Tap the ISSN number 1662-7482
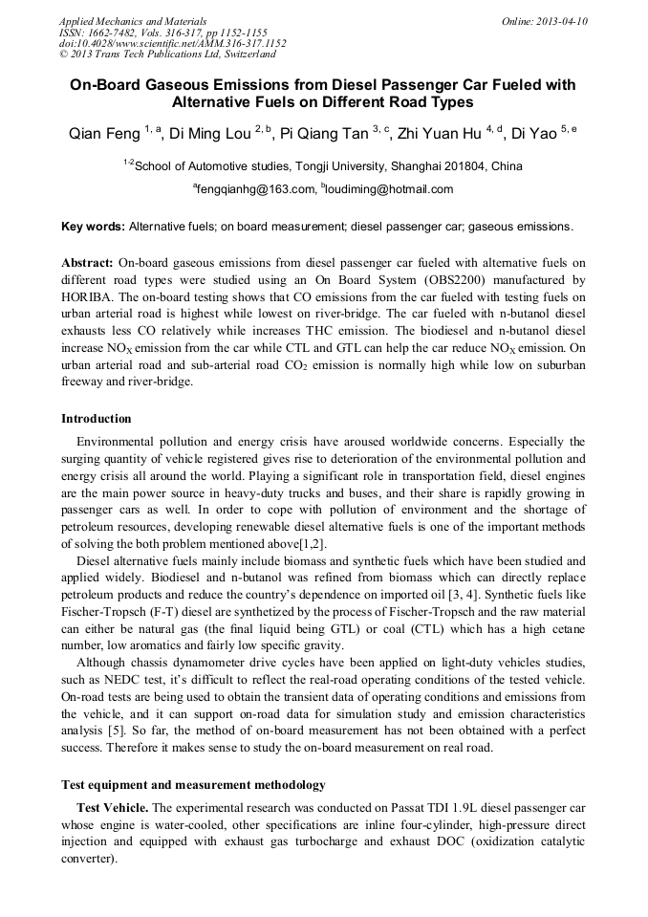(119, 33)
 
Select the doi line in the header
(172, 43)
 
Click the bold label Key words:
(93, 227)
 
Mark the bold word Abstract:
(88, 262)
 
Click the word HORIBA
(87, 297)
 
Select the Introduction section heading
(97, 419)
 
